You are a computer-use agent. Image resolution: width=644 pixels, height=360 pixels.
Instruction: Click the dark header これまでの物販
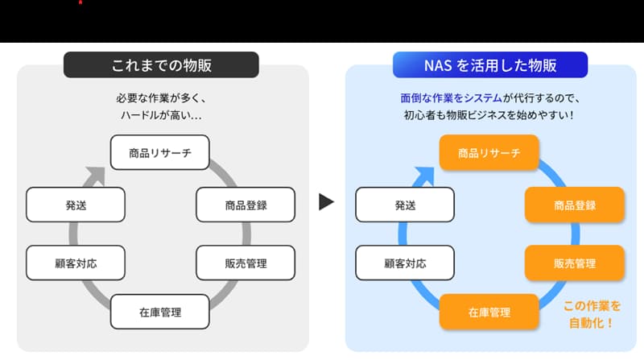161,64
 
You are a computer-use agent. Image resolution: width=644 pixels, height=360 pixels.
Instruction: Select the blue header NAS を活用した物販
489,64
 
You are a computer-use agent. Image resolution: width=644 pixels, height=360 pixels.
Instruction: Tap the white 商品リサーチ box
159,153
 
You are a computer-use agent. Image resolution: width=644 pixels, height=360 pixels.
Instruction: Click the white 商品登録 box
246,205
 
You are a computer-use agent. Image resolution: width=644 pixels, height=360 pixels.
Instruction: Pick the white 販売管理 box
246,263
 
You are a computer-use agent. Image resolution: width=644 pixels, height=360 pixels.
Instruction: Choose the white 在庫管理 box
159,312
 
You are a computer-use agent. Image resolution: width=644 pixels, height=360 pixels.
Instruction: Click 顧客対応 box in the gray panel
76,263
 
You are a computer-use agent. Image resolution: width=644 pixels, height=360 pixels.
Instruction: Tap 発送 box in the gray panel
76,205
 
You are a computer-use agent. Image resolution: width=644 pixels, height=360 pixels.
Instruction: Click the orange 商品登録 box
575,205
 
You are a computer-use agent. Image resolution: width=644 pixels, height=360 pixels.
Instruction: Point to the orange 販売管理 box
575,263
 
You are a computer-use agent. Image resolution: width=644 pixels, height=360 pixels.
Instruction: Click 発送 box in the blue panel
405,205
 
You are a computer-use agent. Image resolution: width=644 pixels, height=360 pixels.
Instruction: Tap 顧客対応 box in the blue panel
405,263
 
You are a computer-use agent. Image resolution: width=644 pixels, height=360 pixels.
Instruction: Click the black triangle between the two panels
326,201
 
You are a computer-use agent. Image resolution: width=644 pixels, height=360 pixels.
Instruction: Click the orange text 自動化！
592,324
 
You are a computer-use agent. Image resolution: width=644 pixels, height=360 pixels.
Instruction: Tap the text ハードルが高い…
161,115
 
